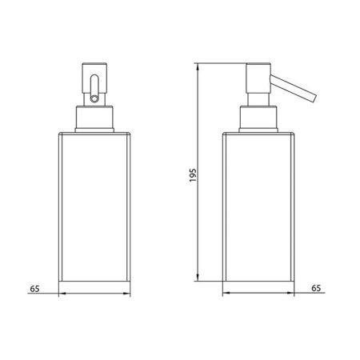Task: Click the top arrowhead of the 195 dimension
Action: tap(200, 65)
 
